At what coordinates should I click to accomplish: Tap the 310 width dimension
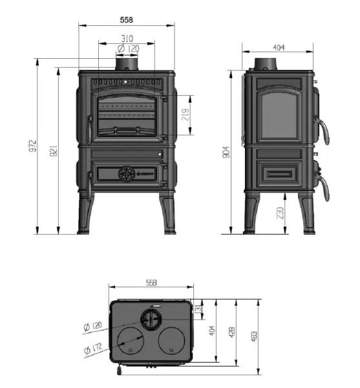(x=126, y=38)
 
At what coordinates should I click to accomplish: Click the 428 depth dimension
(x=232, y=337)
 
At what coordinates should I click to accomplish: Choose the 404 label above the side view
(x=279, y=48)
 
